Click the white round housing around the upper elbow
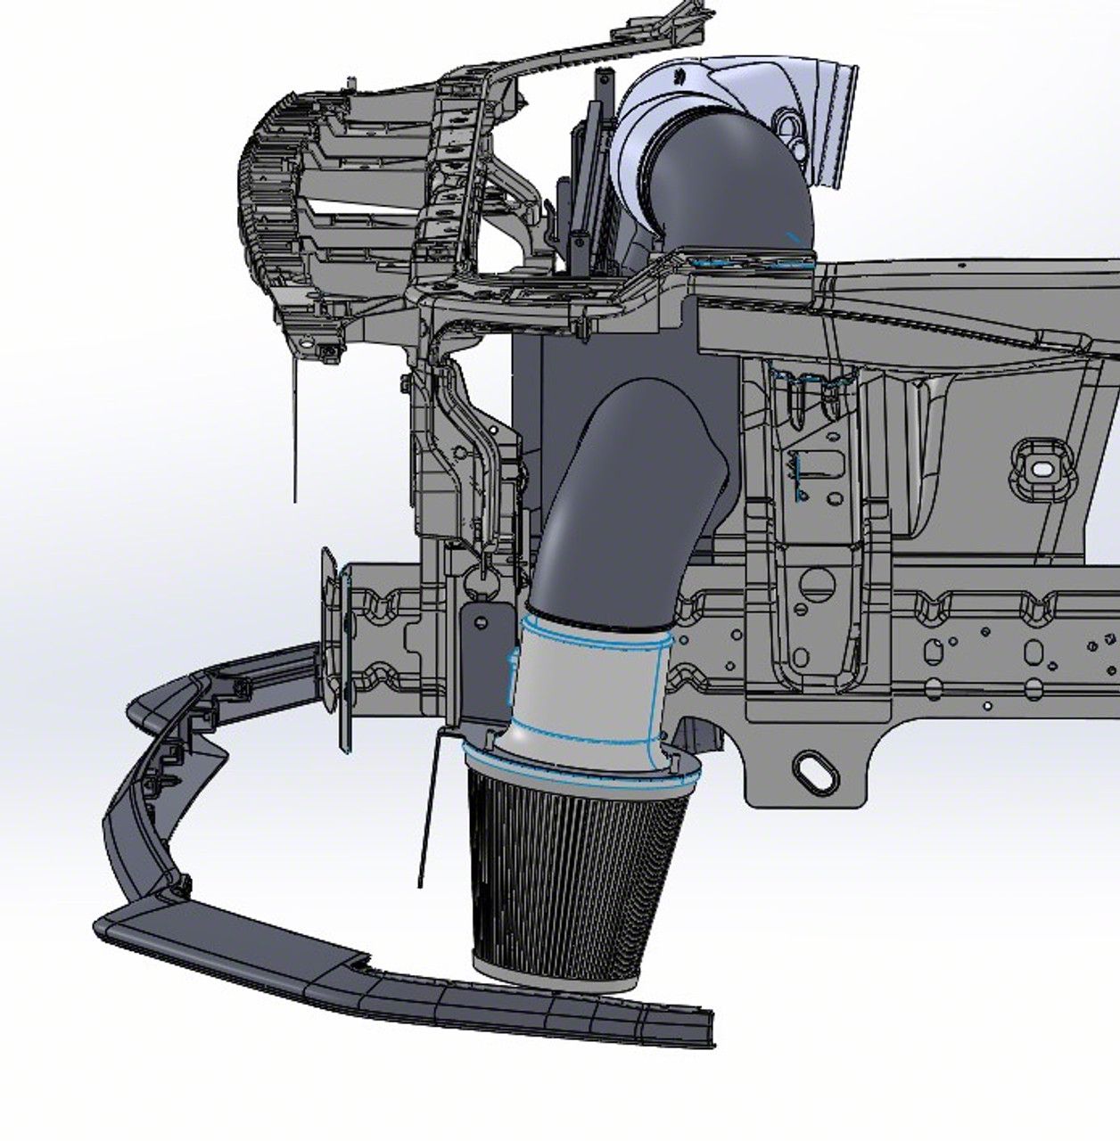tap(651, 107)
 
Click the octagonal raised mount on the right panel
tap(1040, 468)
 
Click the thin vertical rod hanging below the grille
tap(295, 428)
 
